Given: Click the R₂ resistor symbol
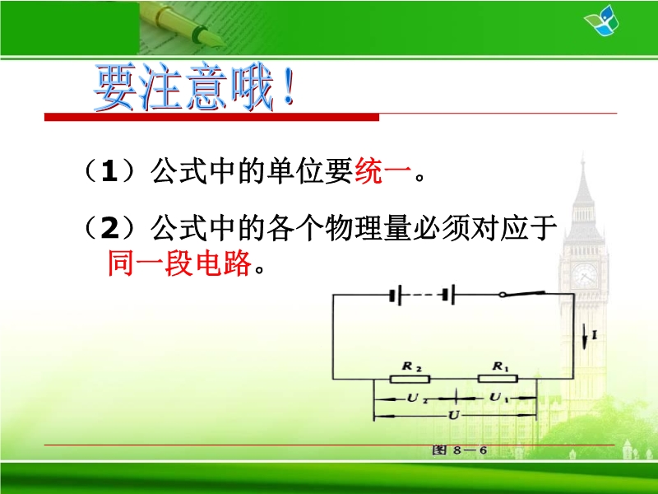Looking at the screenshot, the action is pyautogui.click(x=410, y=380).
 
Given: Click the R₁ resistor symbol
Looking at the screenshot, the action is pyautogui.click(x=498, y=379).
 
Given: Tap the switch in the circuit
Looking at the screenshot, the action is pyautogui.click(x=522, y=294).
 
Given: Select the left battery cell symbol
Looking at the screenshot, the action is pyautogui.click(x=396, y=296).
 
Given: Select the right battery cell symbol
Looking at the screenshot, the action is pyautogui.click(x=448, y=295).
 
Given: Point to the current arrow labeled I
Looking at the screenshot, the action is pyautogui.click(x=584, y=336).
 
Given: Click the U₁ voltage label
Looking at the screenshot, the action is pyautogui.click(x=498, y=397).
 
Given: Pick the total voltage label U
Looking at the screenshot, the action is pyautogui.click(x=454, y=416).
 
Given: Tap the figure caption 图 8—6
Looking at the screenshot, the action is pyautogui.click(x=460, y=450).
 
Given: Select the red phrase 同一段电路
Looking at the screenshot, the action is pyautogui.click(x=179, y=263).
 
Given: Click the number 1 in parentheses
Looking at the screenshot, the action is pyautogui.click(x=109, y=171).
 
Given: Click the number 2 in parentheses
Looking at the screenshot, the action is pyautogui.click(x=110, y=229).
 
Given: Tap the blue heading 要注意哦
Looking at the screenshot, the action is pyautogui.click(x=193, y=87).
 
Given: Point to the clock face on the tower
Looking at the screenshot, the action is pyautogui.click(x=585, y=275).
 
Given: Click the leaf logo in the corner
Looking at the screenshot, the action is pyautogui.click(x=601, y=21).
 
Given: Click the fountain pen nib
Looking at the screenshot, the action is pyautogui.click(x=209, y=36).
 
